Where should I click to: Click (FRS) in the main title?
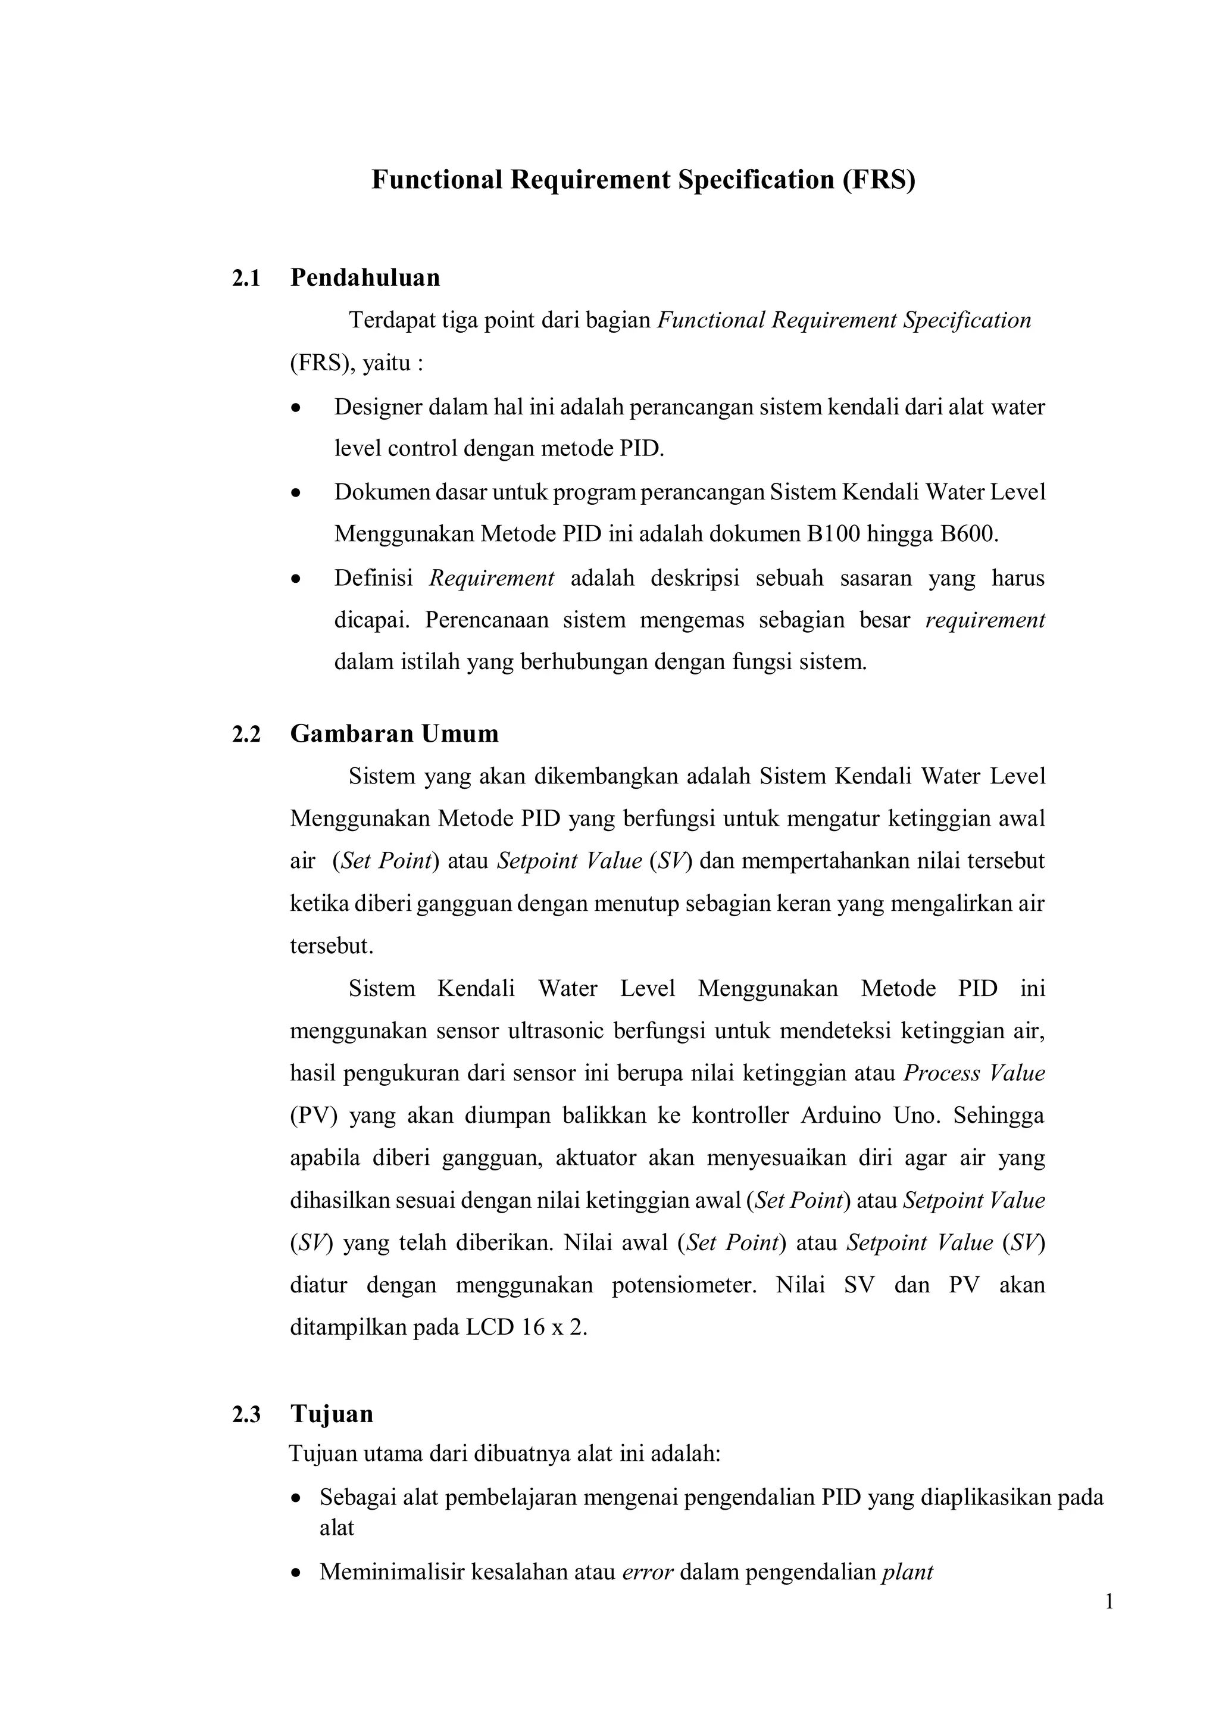[x=878, y=180]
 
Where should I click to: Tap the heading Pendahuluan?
[x=365, y=278]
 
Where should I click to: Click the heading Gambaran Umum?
[x=394, y=733]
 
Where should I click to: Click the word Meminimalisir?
[x=392, y=1572]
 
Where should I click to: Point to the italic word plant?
[x=907, y=1572]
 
